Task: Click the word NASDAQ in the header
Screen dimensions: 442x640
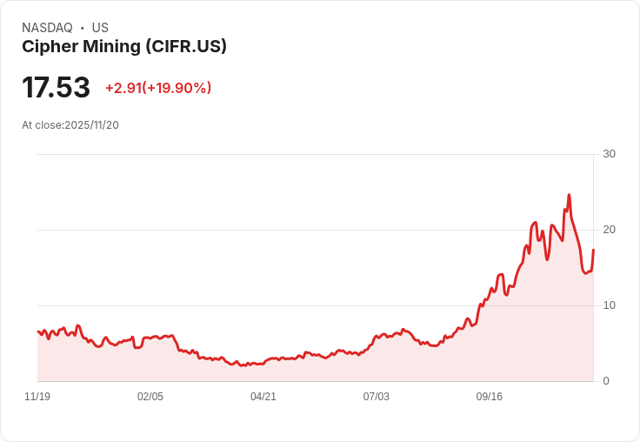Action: (x=47, y=28)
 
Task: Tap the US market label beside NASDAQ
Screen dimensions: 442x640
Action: (x=100, y=28)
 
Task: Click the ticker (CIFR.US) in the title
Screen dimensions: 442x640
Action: (x=186, y=47)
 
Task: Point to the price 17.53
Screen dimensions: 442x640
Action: (x=56, y=88)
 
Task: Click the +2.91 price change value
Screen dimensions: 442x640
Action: (x=123, y=88)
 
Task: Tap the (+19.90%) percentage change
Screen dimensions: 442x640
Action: (x=177, y=88)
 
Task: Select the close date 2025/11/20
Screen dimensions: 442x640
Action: (x=91, y=125)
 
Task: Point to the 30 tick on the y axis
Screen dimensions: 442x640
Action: (x=609, y=154)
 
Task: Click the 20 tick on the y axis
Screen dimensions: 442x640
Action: (x=609, y=230)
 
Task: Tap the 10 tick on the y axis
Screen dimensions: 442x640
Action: (x=609, y=305)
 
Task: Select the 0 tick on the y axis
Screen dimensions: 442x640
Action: (x=606, y=381)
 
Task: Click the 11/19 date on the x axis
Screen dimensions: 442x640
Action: (x=37, y=397)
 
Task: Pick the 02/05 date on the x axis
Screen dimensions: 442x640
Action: (x=150, y=397)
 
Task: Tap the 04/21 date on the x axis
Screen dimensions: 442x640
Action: (x=263, y=397)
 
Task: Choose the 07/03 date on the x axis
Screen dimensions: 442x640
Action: (x=377, y=397)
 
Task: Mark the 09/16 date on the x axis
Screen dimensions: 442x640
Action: (x=490, y=397)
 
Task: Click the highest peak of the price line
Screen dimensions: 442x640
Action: (x=569, y=195)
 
